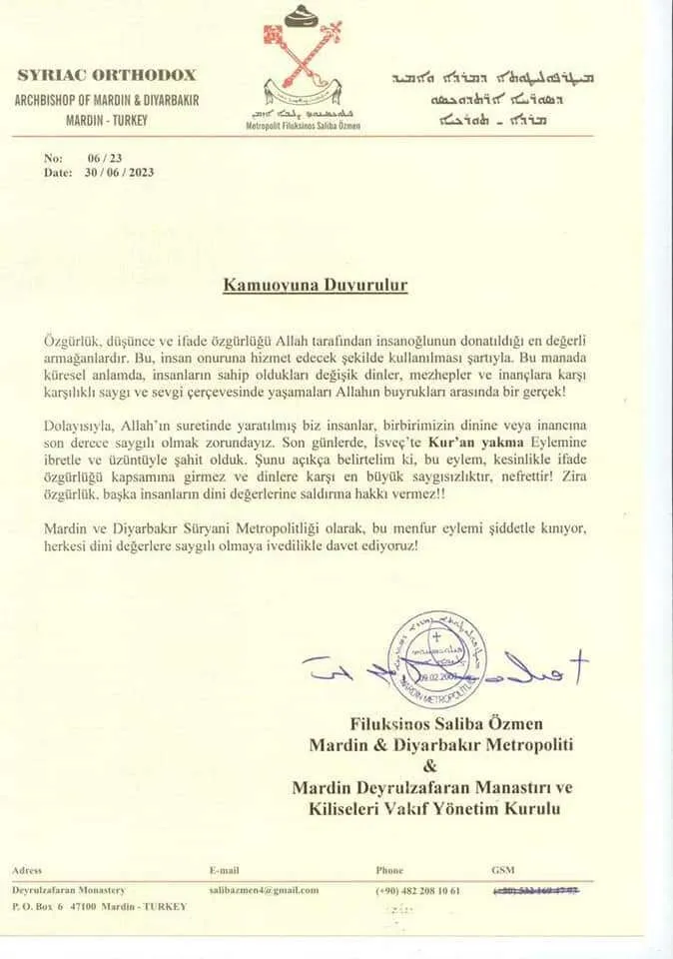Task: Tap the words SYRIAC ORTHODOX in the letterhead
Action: (107, 74)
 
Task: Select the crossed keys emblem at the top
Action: (304, 66)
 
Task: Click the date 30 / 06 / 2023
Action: (119, 172)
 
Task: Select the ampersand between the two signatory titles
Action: (430, 766)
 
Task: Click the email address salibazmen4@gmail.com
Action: (264, 889)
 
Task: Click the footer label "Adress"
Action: (27, 870)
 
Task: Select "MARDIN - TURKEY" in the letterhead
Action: (106, 119)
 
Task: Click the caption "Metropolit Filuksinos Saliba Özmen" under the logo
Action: (303, 127)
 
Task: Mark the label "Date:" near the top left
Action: (58, 172)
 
